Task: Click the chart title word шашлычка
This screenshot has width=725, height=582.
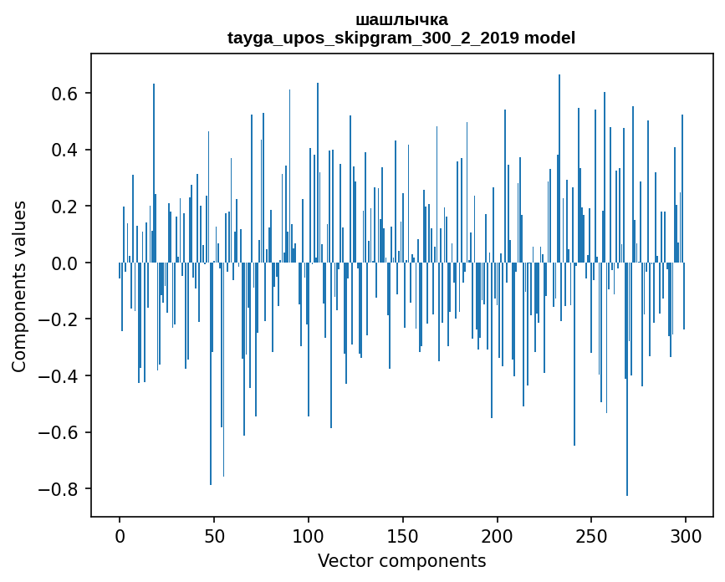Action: [401, 19]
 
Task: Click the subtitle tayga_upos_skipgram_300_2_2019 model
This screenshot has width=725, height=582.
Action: [401, 38]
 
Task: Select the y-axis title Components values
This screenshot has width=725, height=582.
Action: [18, 286]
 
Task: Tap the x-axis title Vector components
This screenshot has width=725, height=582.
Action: [401, 560]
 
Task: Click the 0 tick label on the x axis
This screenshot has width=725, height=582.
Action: [120, 534]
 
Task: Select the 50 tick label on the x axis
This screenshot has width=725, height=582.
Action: [214, 534]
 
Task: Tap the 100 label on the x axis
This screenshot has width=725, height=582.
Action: [309, 534]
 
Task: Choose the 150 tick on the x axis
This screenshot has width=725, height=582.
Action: [403, 534]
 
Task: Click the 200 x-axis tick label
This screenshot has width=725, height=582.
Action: [498, 534]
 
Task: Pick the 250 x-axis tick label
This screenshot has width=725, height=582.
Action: [591, 534]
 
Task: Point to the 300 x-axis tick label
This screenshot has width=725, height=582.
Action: [686, 534]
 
